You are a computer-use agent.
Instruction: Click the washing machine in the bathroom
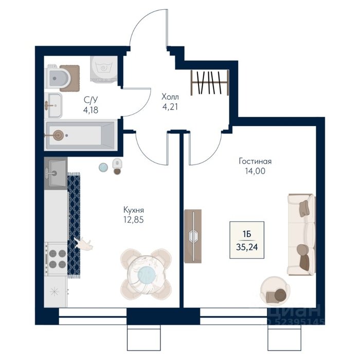[103, 69]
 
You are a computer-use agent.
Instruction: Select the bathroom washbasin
[53, 105]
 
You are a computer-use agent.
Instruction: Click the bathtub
[80, 135]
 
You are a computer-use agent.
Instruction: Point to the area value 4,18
[91, 110]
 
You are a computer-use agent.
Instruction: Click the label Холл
[170, 97]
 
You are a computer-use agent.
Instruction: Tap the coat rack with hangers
[210, 83]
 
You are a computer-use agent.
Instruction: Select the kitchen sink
[56, 173]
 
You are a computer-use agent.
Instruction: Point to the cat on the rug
[83, 244]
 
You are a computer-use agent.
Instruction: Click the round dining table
[146, 274]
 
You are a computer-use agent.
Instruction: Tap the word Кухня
[134, 210]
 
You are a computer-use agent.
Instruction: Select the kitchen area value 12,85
[134, 220]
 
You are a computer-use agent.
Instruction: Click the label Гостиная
[255, 161]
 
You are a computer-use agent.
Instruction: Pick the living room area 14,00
[255, 171]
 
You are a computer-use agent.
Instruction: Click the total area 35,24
[247, 247]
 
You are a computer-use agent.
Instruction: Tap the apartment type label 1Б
[247, 234]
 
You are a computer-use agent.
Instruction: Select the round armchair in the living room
[275, 291]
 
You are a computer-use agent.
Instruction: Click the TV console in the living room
[193, 236]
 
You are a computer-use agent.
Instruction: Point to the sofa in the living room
[302, 235]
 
